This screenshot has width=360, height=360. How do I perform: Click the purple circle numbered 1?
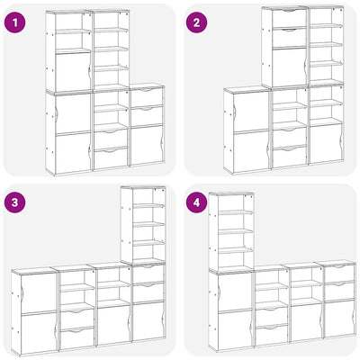coord(14,22)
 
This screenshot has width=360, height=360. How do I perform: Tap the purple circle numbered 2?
coord(196,22)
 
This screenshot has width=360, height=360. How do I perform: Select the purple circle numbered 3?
coord(14,202)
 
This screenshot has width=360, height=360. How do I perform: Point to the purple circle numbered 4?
coord(196,202)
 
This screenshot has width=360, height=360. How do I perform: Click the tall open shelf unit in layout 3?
coord(143,225)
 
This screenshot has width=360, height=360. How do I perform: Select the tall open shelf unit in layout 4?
coord(231,231)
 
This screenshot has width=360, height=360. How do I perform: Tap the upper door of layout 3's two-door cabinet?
coord(39,293)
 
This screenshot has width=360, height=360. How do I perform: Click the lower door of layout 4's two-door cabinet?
coord(236,330)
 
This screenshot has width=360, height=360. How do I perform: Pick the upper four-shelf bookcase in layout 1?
coord(111,49)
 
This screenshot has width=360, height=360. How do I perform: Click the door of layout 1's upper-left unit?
coord(73,71)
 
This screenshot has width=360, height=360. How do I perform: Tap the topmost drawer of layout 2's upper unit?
coord(290,18)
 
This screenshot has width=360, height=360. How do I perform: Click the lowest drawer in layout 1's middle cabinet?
coord(111,157)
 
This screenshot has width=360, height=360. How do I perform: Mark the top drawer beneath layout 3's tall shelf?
coord(148,274)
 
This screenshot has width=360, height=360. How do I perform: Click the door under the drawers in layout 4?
coord(339,318)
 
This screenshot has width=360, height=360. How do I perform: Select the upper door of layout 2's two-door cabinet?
coord(251,112)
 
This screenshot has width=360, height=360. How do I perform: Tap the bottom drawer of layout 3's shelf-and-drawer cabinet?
coord(77,337)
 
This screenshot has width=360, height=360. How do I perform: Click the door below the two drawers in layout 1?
coord(148,145)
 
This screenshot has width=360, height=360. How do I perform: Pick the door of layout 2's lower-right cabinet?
coord(326,143)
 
